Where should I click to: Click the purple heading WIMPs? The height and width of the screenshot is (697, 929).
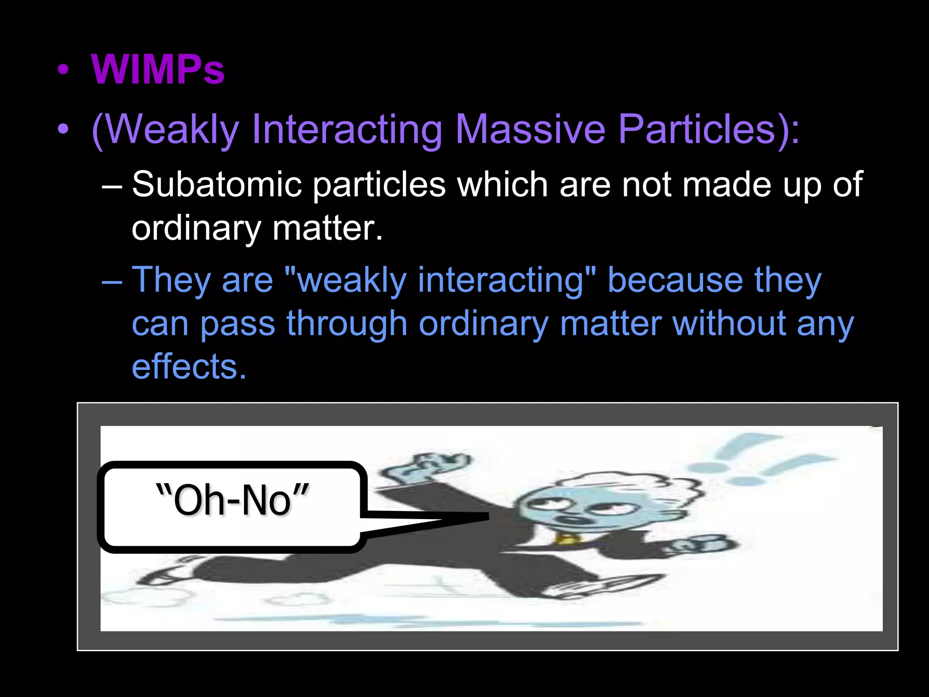point(157,70)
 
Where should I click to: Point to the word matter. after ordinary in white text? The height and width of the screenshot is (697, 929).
point(328,228)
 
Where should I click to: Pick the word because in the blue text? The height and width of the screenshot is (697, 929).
point(675,280)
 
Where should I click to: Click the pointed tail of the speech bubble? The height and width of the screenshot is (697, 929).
point(472,518)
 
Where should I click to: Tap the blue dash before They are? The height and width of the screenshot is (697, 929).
point(112,281)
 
